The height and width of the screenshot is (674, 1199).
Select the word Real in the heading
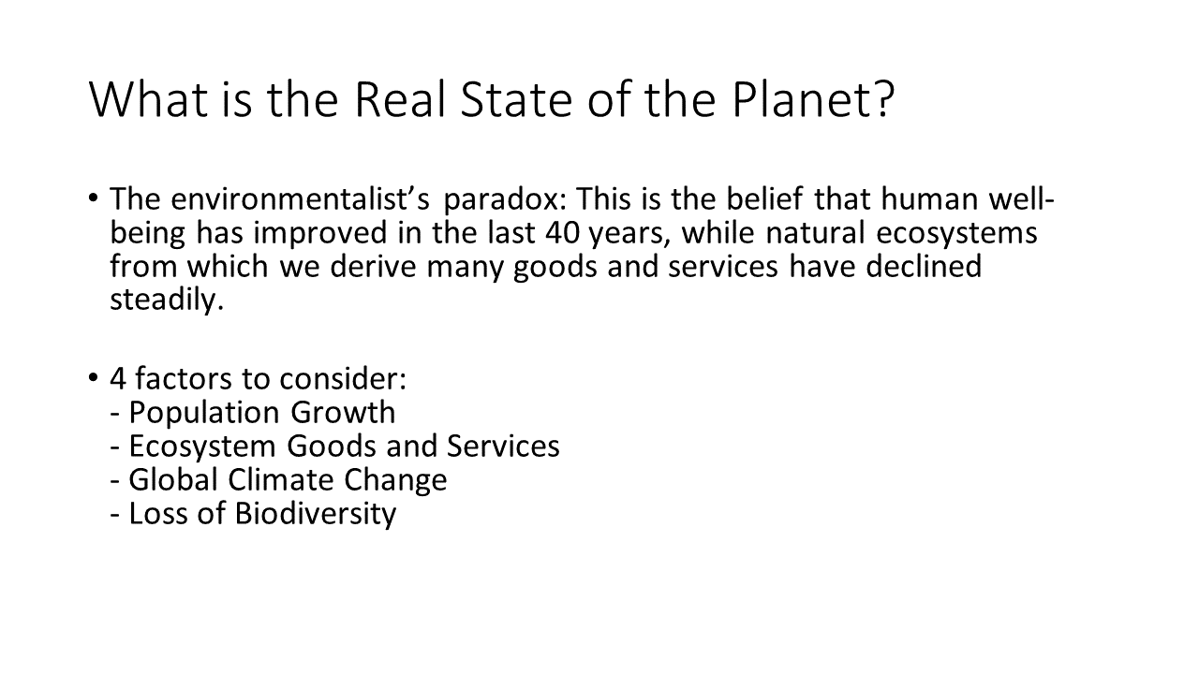[x=400, y=99]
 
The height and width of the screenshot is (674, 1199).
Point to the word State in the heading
[x=516, y=99]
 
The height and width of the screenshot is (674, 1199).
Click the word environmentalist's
[x=301, y=198]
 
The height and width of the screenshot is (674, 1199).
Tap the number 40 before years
[x=563, y=233]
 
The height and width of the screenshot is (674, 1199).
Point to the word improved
[x=320, y=233]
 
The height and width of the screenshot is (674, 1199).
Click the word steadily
[x=167, y=300]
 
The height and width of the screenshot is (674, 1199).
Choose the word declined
[x=924, y=266]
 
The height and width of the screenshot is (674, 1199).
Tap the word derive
[x=373, y=266]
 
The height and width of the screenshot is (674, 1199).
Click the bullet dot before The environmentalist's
[x=94, y=198]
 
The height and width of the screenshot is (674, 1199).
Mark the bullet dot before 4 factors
[x=94, y=377]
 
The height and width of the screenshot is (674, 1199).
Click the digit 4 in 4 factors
[x=118, y=379]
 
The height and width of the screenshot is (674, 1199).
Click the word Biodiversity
[x=316, y=514]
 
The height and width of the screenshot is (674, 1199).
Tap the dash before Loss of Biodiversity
[x=114, y=516]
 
